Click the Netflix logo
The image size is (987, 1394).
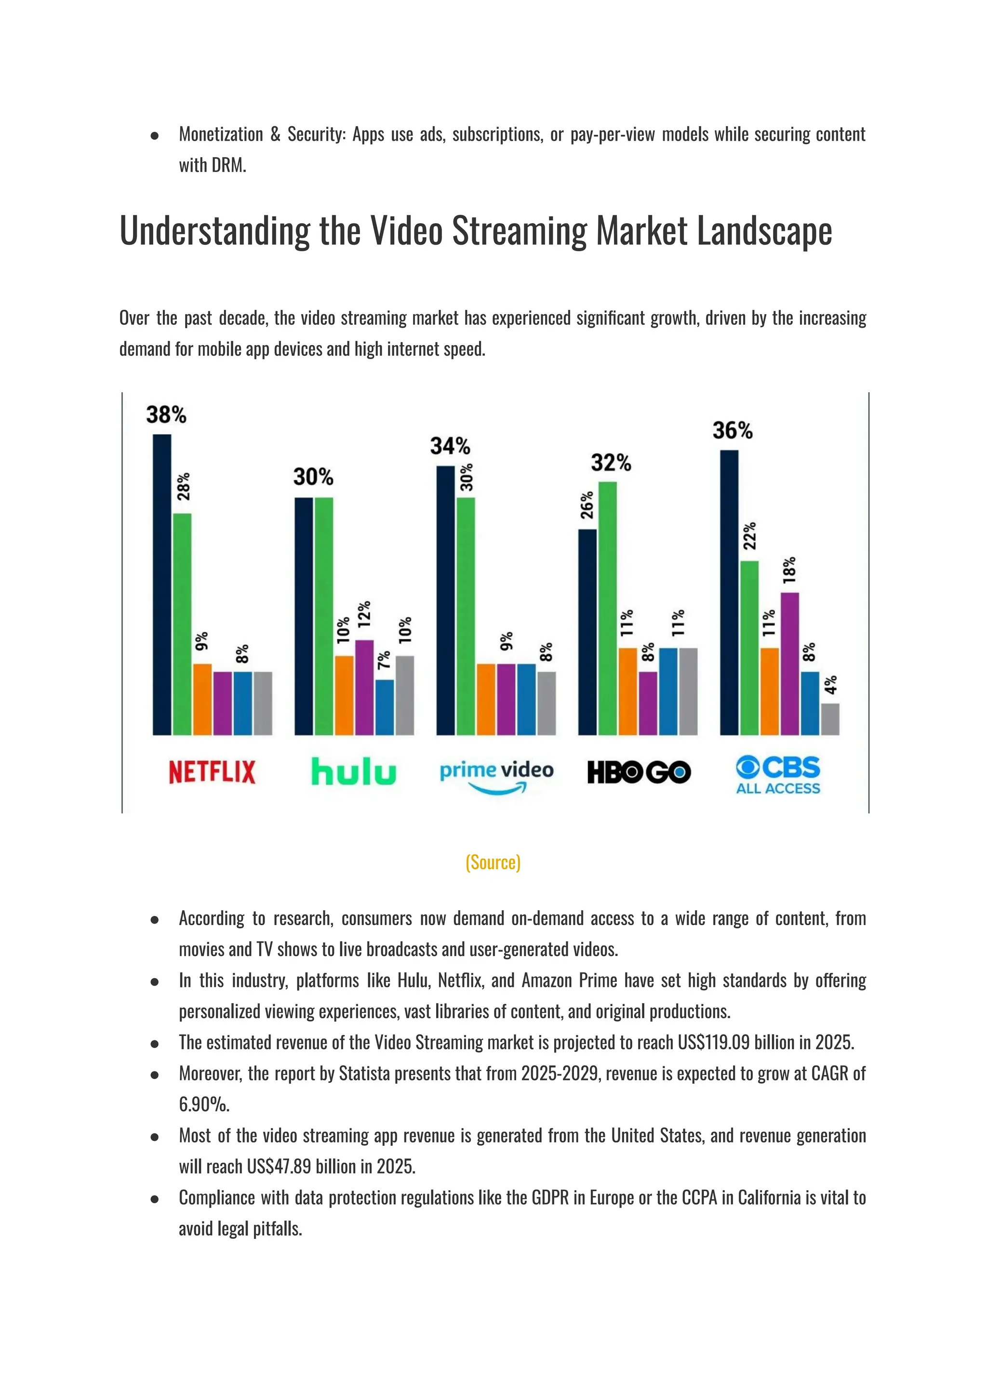[212, 772]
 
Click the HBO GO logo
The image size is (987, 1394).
[638, 772]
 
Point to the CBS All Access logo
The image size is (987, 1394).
[778, 775]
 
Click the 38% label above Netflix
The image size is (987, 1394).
[166, 415]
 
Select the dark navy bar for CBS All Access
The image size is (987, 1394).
[729, 593]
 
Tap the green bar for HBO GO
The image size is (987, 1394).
[607, 608]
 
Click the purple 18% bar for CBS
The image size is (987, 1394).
[789, 664]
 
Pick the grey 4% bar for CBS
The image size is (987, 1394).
[830, 719]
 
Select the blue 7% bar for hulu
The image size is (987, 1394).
[384, 707]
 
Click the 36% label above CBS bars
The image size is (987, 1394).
[733, 431]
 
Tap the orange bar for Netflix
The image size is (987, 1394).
[202, 700]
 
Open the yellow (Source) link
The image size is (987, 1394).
[493, 863]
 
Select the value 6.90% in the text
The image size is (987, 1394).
[204, 1105]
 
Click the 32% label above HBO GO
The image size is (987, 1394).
[611, 463]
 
